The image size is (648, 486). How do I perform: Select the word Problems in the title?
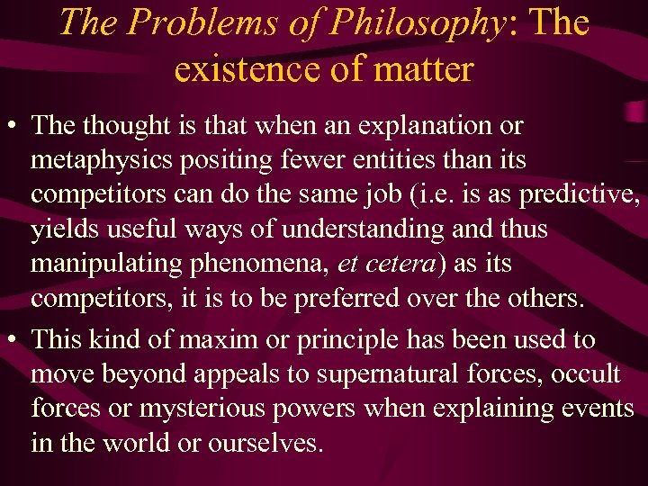191,22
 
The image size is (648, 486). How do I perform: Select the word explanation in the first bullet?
412,125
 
